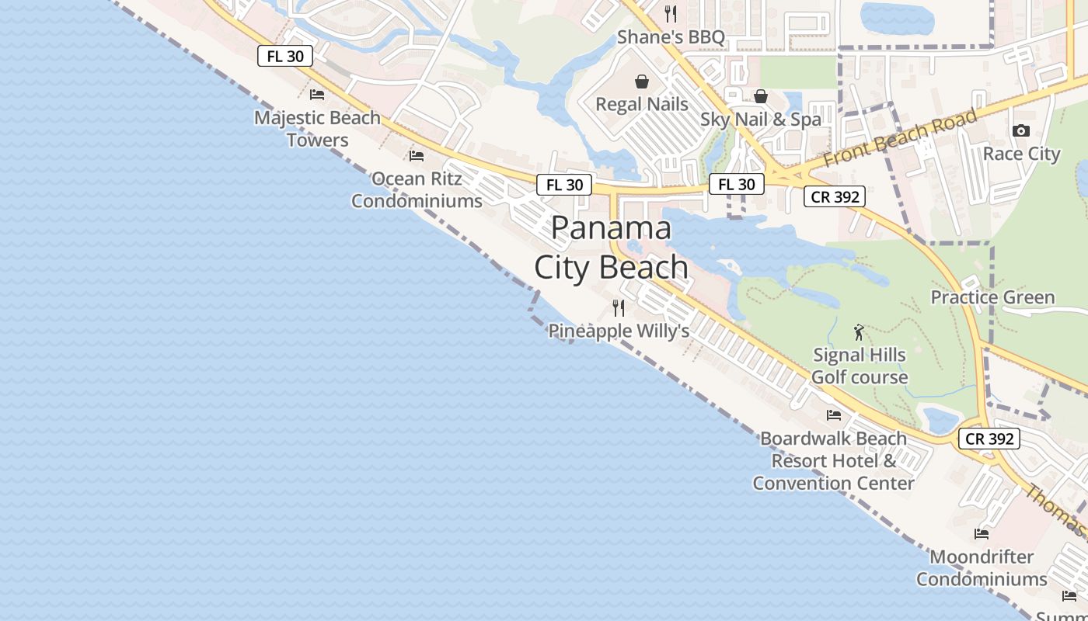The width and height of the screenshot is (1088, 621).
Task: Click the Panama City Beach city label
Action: (x=611, y=248)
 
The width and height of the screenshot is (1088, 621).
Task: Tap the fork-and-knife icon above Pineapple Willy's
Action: (x=619, y=308)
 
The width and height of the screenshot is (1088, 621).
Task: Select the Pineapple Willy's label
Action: (x=619, y=331)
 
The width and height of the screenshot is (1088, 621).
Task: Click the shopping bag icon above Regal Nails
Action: (x=642, y=82)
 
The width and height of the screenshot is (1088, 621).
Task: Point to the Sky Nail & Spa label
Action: (x=760, y=120)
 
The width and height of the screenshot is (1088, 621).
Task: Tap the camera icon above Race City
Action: (x=1021, y=131)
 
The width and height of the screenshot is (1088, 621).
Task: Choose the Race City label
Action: (x=1021, y=154)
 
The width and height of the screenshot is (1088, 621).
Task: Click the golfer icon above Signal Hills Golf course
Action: (x=859, y=333)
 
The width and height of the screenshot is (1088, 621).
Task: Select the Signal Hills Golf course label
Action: (x=859, y=366)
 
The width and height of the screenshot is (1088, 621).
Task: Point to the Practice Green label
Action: (x=992, y=297)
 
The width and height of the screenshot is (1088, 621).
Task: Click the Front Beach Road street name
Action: (x=900, y=138)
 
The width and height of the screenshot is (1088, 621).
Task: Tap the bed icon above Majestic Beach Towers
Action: (x=317, y=95)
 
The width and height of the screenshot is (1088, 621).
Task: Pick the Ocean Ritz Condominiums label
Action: (x=417, y=189)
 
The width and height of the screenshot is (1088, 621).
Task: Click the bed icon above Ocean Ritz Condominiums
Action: (x=417, y=156)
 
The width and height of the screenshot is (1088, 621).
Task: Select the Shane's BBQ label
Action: (x=671, y=37)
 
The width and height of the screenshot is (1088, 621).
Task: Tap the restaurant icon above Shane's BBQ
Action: (x=671, y=14)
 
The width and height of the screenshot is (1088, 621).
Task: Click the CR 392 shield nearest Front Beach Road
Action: (x=835, y=196)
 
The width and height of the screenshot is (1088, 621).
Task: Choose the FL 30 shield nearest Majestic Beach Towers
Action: (x=285, y=57)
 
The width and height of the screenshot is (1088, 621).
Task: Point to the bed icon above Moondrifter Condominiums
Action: (x=982, y=534)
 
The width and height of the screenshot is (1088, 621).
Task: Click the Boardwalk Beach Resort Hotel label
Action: (x=833, y=460)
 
